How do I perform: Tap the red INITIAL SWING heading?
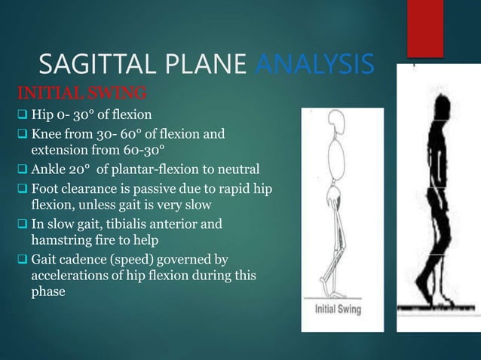tap(71, 95)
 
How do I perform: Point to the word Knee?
tap(47, 135)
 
